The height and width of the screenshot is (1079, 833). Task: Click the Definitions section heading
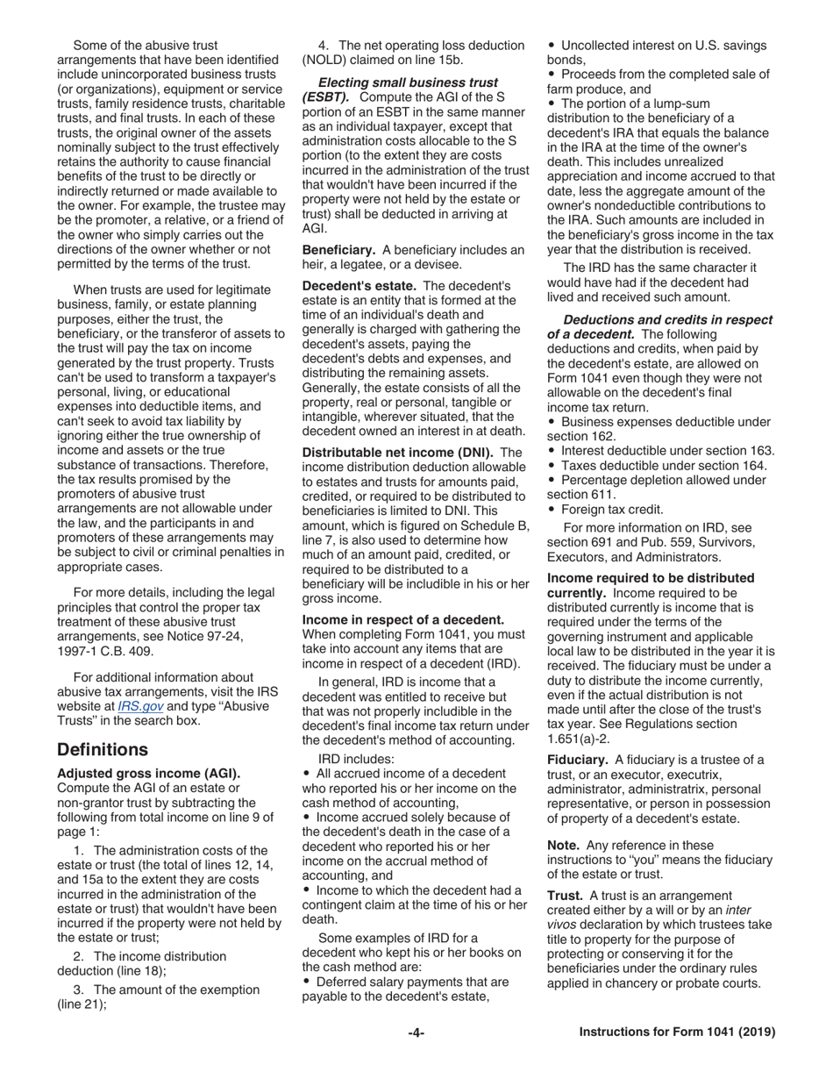pos(102,749)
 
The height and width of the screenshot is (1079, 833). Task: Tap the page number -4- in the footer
pos(416,1033)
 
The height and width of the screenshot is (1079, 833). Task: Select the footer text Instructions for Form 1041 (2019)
pos(677,1033)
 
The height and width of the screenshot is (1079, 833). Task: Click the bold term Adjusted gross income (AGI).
pos(148,773)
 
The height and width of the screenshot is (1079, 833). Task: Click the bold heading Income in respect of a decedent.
pos(402,619)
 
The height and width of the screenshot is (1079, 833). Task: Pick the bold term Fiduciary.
pos(577,760)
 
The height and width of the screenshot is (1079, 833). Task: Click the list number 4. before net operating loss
pos(324,46)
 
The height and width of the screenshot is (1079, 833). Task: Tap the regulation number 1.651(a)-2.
pos(578,739)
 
